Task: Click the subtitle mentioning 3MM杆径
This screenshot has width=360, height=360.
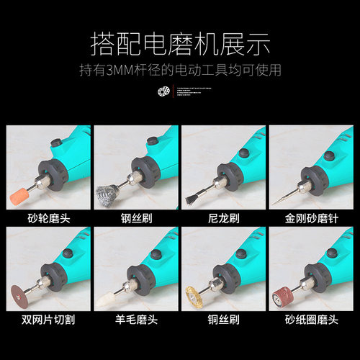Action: (179, 71)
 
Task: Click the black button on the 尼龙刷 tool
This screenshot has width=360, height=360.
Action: (243, 153)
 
